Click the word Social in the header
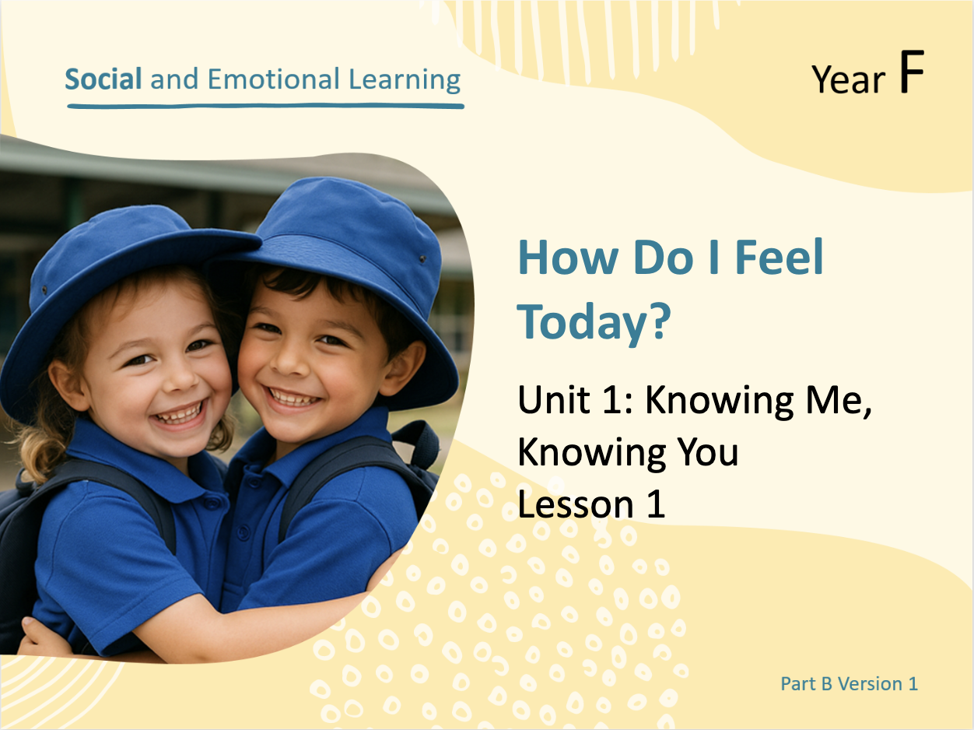[x=103, y=79]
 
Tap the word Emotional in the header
[x=273, y=79]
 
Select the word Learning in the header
[x=405, y=80]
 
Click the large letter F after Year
[x=912, y=72]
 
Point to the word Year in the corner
[x=849, y=79]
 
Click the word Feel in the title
[x=780, y=258]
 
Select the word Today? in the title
[x=594, y=323]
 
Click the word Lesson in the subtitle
[x=576, y=504]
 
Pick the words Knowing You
[x=628, y=454]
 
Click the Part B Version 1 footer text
[x=849, y=684]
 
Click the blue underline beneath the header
[x=265, y=106]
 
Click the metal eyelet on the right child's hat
[x=422, y=258]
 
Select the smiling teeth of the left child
[x=179, y=416]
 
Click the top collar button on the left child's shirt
[x=212, y=504]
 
